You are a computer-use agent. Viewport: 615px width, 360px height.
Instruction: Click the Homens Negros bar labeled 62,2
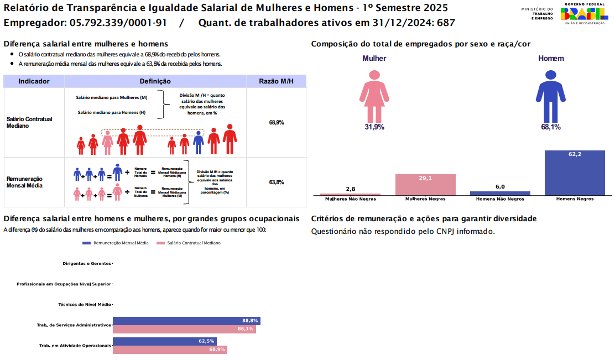point(575,173)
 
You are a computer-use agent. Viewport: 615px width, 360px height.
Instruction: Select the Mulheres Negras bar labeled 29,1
point(425,185)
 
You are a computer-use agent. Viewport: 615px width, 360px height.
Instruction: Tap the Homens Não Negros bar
point(500,194)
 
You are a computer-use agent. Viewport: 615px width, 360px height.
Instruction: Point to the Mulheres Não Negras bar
point(350,195)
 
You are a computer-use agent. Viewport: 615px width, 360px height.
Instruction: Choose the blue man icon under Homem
point(550,96)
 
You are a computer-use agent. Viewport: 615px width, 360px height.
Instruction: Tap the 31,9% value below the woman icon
point(374,127)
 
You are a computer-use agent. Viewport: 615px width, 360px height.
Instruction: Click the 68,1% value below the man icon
point(550,127)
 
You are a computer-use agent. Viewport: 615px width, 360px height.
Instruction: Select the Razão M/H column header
point(276,81)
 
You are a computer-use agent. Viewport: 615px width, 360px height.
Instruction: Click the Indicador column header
point(34,81)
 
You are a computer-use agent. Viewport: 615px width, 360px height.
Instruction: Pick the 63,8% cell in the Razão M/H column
point(276,182)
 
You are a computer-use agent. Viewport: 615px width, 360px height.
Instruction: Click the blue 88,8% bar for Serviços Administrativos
point(186,321)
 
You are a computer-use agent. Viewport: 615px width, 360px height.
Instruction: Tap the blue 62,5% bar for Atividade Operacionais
point(164,341)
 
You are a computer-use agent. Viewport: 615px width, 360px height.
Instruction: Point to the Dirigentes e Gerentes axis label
point(87,263)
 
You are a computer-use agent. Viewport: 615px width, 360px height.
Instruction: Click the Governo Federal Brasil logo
point(582,14)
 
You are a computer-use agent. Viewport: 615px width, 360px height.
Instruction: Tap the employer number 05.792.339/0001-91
point(115,23)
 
